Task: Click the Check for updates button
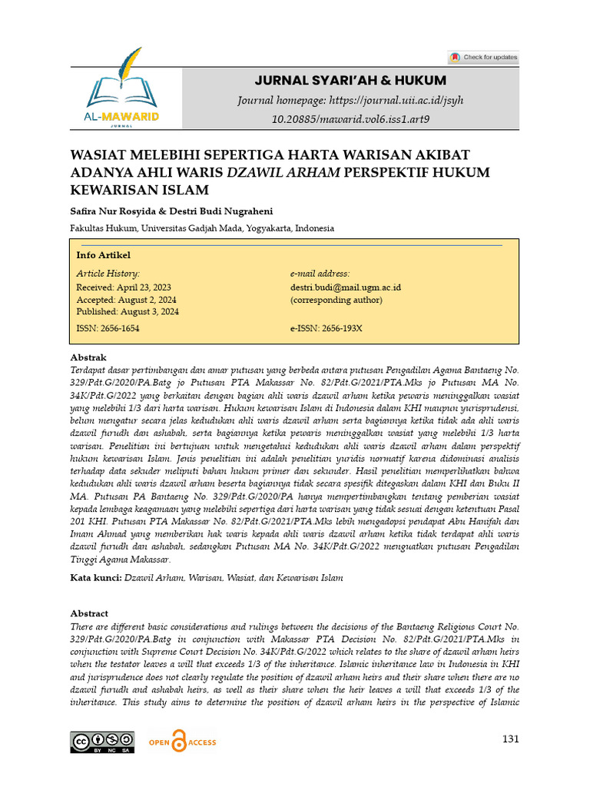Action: click(x=483, y=57)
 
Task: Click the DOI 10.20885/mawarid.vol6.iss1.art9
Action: click(x=351, y=119)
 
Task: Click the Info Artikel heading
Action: click(x=104, y=255)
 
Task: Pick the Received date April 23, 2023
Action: click(x=124, y=287)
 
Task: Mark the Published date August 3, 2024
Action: click(x=128, y=312)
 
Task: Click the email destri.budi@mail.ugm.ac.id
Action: click(x=346, y=287)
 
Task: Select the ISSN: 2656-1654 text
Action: click(x=108, y=328)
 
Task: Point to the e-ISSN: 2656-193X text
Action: click(x=326, y=328)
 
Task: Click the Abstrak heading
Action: click(x=88, y=357)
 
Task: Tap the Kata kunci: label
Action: click(x=95, y=577)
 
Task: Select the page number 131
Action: click(x=510, y=739)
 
